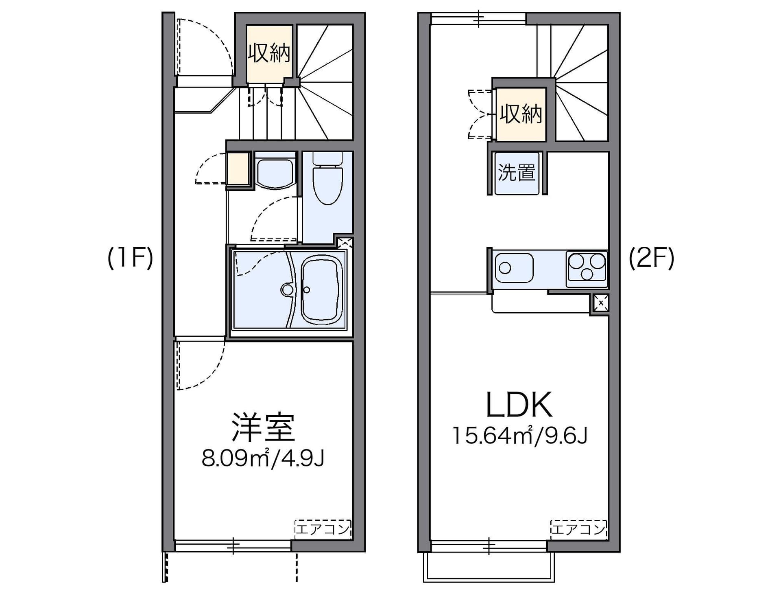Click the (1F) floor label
click(130, 258)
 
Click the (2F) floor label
click(651, 258)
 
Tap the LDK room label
click(519, 405)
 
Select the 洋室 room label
click(263, 427)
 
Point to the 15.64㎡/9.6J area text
click(519, 436)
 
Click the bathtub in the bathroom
click(321, 289)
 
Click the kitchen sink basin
click(513, 267)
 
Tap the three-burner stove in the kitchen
click(587, 267)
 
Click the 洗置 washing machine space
click(517, 173)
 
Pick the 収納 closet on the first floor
click(269, 53)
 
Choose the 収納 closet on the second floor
click(521, 114)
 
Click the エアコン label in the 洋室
click(323, 529)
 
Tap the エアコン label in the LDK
click(578, 529)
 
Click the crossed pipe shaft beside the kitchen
click(600, 303)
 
